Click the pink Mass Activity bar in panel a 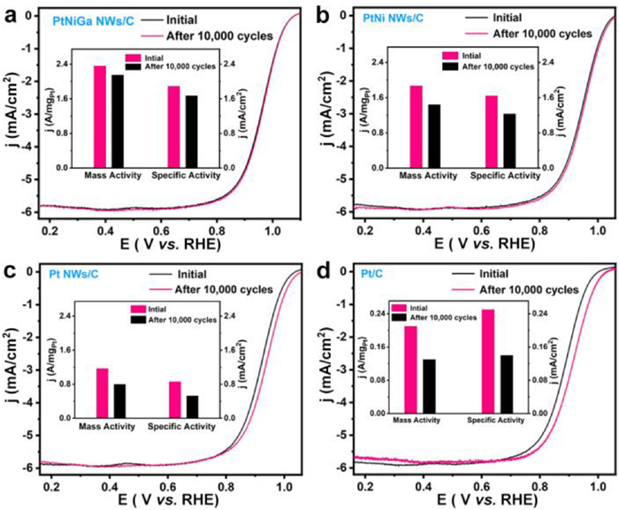[x=100, y=116]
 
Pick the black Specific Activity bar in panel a [x=192, y=131]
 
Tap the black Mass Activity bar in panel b [x=433, y=135]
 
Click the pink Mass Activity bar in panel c [x=102, y=392]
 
